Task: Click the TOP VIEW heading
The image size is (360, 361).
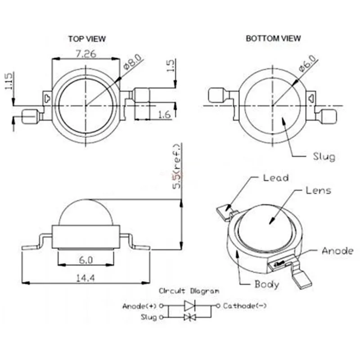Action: [x=87, y=39]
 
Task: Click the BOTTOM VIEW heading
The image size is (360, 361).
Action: [x=273, y=38]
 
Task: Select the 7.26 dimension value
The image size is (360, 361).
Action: [x=85, y=54]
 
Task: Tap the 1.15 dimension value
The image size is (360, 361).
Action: [x=9, y=81]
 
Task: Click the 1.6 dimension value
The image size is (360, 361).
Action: [x=164, y=114]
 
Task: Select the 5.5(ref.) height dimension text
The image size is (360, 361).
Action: [x=178, y=167]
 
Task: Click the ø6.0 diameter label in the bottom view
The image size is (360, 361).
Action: [x=308, y=63]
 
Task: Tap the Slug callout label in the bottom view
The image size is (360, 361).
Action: [x=324, y=157]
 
